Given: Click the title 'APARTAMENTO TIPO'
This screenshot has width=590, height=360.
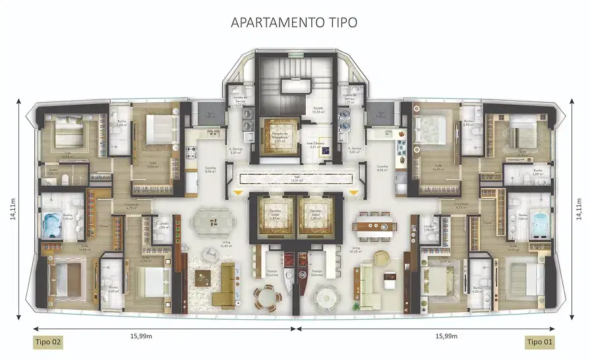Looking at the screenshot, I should tap(294, 22).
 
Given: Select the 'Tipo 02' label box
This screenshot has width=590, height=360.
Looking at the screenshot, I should tap(48, 342).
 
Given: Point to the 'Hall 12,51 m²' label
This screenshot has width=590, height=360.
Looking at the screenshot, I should tap(295, 178).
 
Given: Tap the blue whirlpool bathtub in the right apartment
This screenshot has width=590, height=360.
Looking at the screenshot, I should tap(539, 223).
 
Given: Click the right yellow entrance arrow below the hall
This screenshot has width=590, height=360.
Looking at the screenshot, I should tap(355, 193).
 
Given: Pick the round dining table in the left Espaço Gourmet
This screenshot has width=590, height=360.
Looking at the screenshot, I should tap(266, 296).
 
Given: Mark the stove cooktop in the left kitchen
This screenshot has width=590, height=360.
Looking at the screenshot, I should tap(193, 152).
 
